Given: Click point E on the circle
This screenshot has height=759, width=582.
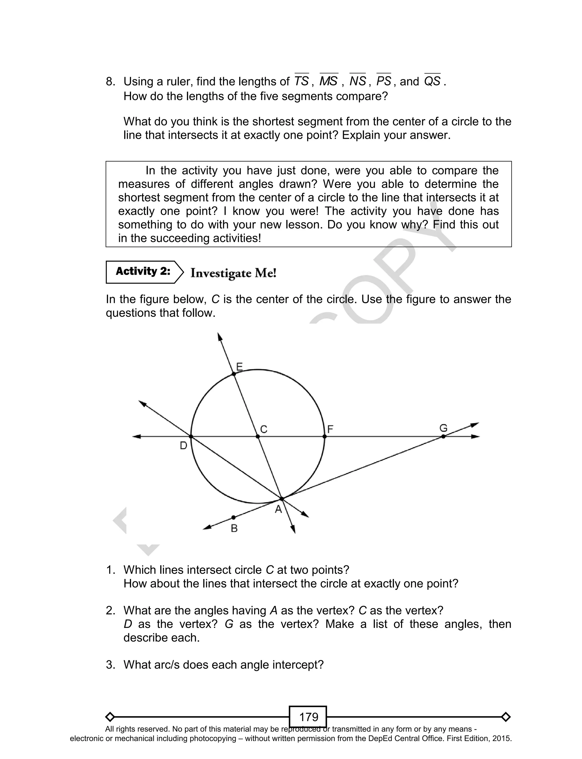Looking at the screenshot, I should [234, 374].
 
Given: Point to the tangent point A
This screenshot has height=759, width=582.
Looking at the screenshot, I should [282, 499].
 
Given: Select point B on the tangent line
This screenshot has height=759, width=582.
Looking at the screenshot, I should [234, 518].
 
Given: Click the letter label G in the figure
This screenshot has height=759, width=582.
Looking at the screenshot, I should [443, 428].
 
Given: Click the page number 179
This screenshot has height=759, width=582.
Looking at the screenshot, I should [308, 717].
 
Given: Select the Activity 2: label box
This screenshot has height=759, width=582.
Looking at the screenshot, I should [143, 272].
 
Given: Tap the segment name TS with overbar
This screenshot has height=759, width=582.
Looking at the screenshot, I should [302, 81].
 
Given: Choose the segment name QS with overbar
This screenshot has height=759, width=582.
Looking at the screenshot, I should [432, 81].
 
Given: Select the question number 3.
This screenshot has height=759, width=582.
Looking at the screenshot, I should [111, 665].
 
